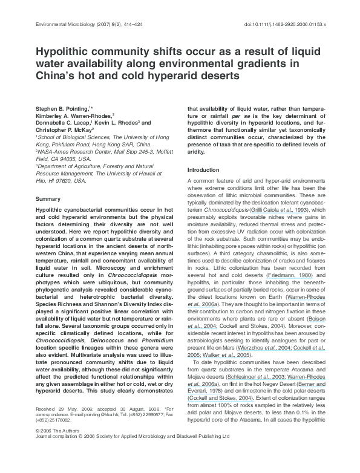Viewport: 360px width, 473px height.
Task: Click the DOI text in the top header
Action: (284, 25)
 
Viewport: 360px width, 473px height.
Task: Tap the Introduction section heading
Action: (203, 170)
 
